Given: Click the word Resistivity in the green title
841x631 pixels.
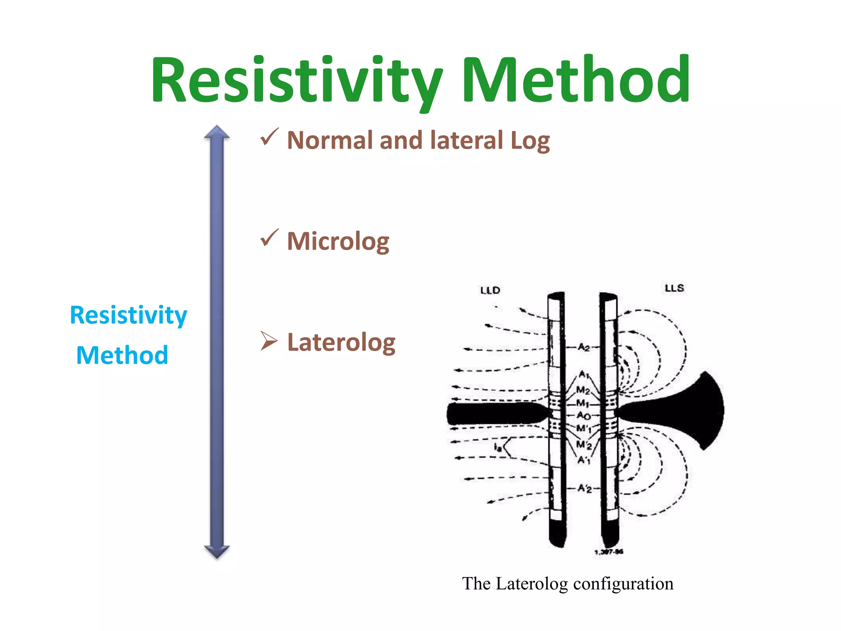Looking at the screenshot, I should coord(296,80).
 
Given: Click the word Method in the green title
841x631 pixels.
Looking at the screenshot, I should coord(576,80).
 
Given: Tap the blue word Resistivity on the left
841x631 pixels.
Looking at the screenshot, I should coord(129,315).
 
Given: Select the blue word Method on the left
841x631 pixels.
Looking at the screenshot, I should coord(122,355).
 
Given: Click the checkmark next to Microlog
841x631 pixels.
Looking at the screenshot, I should coord(269,238).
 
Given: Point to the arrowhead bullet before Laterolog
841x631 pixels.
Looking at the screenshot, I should coord(269,341).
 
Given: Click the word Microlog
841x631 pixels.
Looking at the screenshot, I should coord(338,242).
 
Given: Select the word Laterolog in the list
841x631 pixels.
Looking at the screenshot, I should coord(341,342).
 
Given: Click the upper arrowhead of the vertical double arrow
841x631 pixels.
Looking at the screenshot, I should coord(217,132).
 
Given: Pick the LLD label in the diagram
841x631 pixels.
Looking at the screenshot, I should coord(490,290).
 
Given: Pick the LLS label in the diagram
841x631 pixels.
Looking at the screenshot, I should coord(674,288).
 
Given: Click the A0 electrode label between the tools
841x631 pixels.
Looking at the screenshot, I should coord(584,415).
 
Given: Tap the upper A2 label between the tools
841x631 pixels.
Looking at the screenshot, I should coord(584,348).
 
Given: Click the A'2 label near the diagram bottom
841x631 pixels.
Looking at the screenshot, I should coord(584,488).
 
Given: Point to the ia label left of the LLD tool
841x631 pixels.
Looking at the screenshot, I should coord(498,447).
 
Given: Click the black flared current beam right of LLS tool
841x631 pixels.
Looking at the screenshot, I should coord(682,411).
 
